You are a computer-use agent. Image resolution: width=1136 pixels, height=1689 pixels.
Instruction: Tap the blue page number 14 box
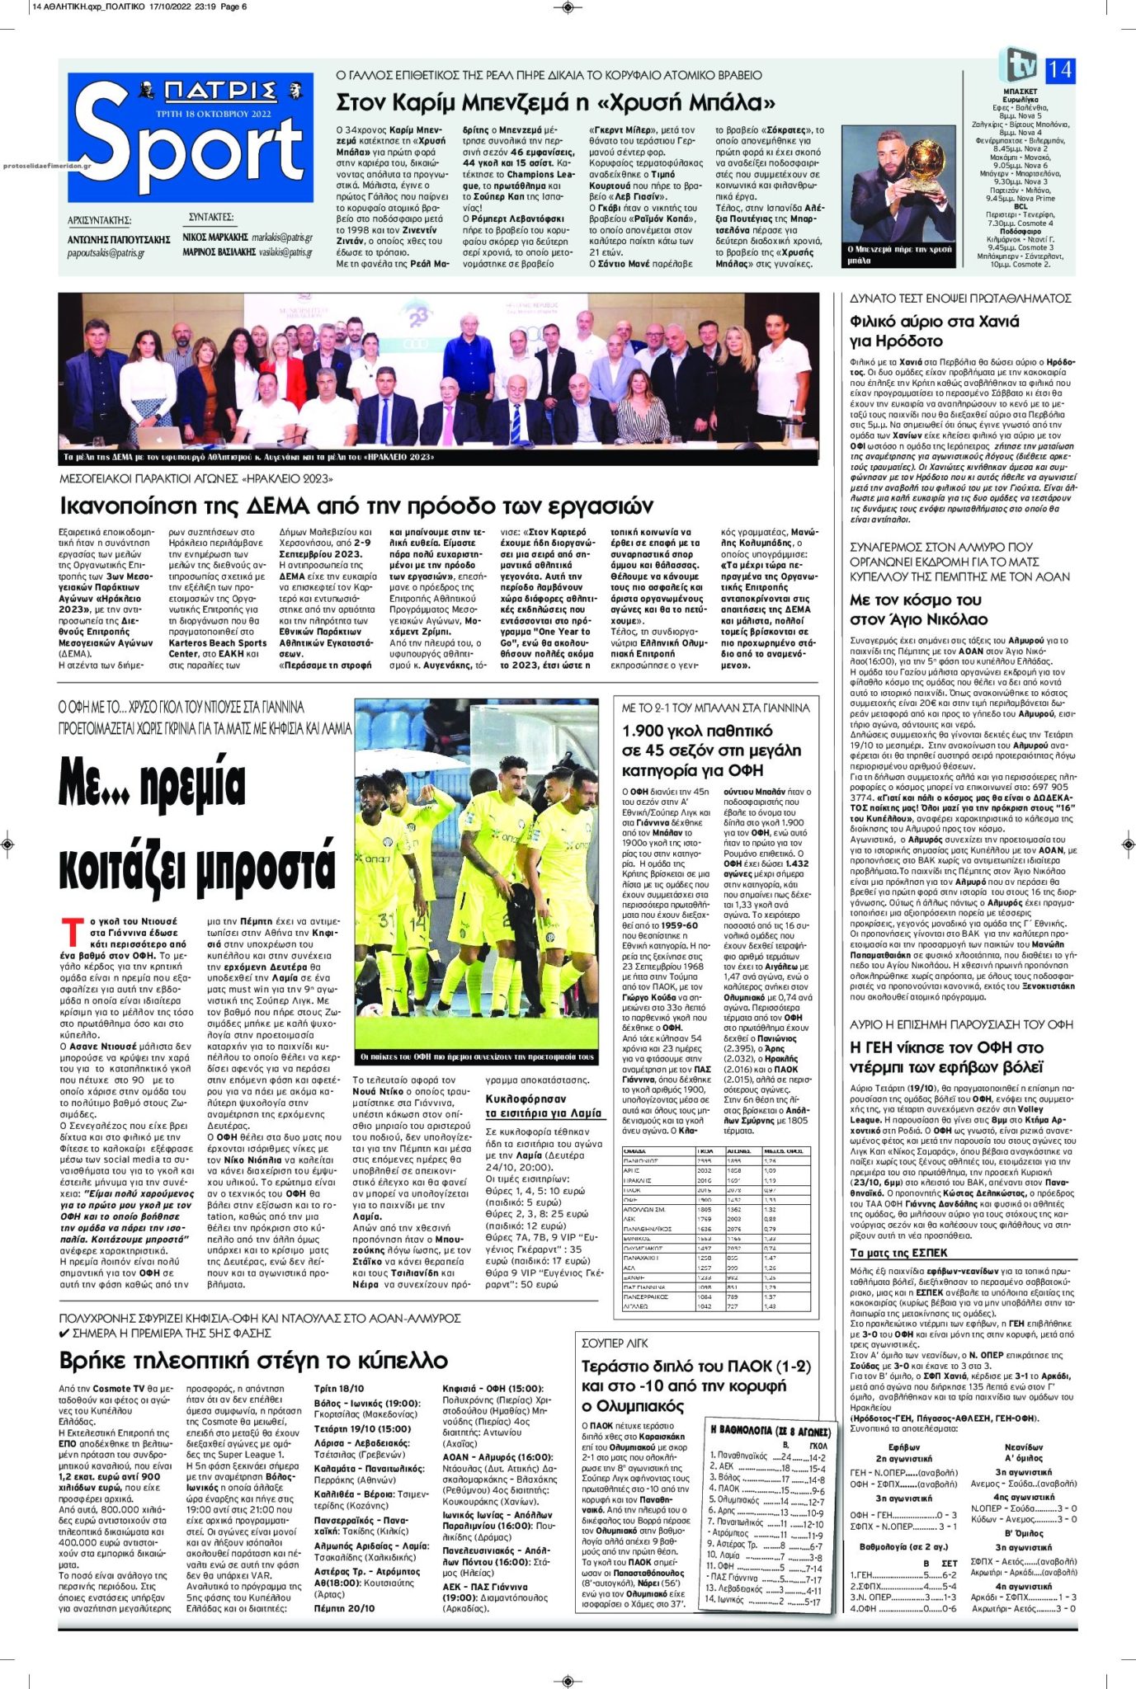click(x=1059, y=71)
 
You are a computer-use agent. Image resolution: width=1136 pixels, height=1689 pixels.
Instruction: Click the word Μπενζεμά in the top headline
click(x=494, y=103)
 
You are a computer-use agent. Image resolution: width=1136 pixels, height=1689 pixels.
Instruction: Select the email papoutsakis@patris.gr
click(x=106, y=253)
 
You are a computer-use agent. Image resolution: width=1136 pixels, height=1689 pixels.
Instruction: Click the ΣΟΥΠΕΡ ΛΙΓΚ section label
click(x=615, y=1343)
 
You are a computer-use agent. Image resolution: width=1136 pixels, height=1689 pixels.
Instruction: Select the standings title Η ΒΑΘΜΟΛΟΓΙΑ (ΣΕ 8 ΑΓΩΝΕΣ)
click(x=764, y=1429)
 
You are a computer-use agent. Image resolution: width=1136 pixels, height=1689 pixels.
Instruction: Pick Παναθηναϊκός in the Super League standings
click(x=742, y=1458)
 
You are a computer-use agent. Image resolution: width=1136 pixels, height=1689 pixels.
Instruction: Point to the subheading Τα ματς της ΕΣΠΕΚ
click(x=893, y=1252)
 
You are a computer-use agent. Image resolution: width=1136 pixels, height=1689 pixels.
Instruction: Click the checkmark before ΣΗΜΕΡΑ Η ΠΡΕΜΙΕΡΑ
click(x=64, y=1333)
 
